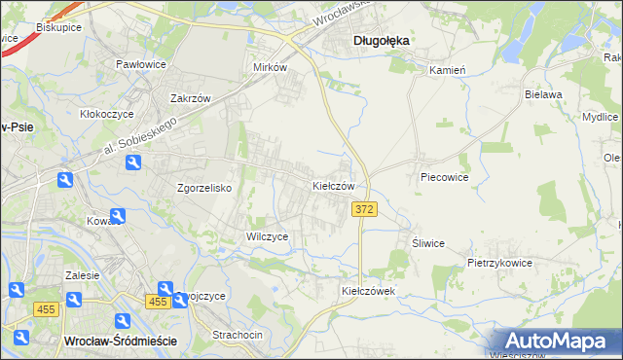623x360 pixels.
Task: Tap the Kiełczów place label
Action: click(x=339, y=185)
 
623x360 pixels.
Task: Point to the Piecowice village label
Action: click(x=445, y=178)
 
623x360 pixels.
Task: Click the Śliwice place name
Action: click(x=428, y=243)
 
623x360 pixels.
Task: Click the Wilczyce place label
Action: click(x=267, y=236)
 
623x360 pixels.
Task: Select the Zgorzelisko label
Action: click(x=202, y=188)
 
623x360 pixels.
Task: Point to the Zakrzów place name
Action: click(x=191, y=98)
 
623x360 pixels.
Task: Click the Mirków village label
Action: click(x=270, y=67)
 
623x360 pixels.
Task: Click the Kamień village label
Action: click(x=448, y=70)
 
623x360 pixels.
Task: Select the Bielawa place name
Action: click(x=544, y=94)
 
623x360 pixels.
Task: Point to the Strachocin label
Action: click(x=238, y=335)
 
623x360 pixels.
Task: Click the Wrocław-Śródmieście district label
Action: click(x=119, y=341)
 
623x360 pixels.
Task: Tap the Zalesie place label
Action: click(x=82, y=275)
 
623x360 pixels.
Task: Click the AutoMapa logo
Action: click(x=560, y=341)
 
